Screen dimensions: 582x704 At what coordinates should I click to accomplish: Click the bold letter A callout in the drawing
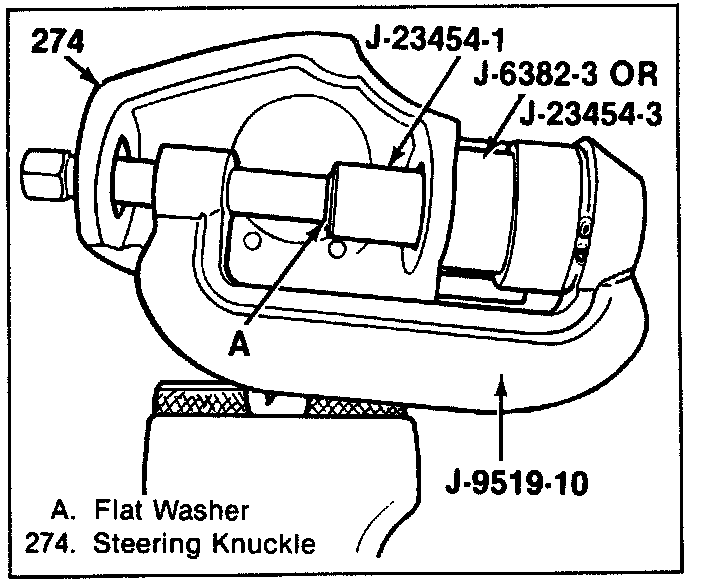pos(239,343)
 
